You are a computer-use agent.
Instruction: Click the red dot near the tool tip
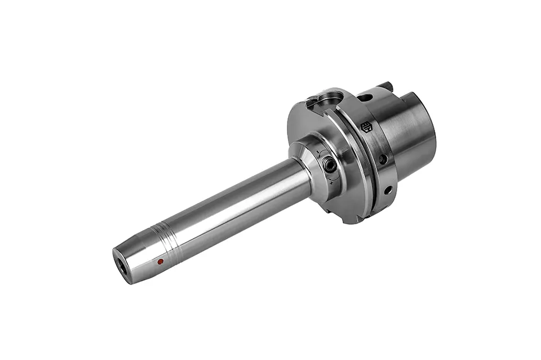(160, 262)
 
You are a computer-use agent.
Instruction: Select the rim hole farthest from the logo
(388, 190)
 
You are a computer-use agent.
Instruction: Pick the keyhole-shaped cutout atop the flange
(320, 102)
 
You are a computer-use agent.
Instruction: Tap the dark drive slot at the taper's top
(388, 86)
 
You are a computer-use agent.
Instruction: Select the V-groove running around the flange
(361, 163)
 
